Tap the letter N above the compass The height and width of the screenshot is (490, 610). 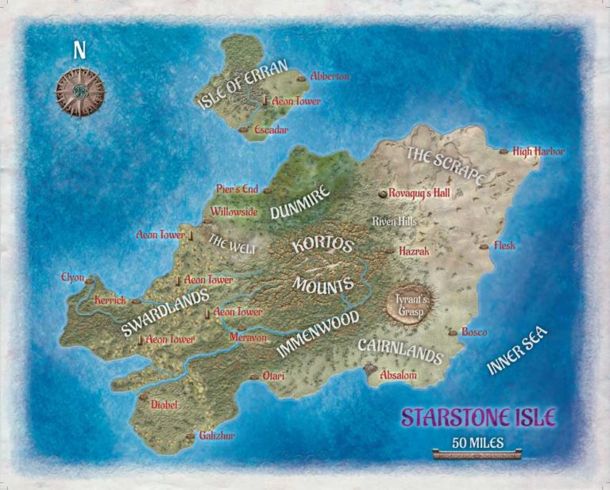tap(79, 50)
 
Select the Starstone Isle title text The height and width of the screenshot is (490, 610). tap(478, 417)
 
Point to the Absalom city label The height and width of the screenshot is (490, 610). tap(399, 375)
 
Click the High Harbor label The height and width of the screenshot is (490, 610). tap(539, 151)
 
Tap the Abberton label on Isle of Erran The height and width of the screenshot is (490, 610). tap(330, 77)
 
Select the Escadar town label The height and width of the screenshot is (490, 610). tap(271, 129)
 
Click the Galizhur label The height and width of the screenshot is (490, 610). tap(217, 436)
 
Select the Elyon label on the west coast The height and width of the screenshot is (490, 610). tap(72, 278)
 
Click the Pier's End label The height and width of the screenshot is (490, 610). tap(237, 189)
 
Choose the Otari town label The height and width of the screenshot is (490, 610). tap(276, 377)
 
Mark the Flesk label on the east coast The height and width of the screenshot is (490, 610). tap(504, 246)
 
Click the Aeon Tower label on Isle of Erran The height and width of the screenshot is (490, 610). tap(295, 101)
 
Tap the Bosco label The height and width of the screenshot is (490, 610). tap(473, 332)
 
